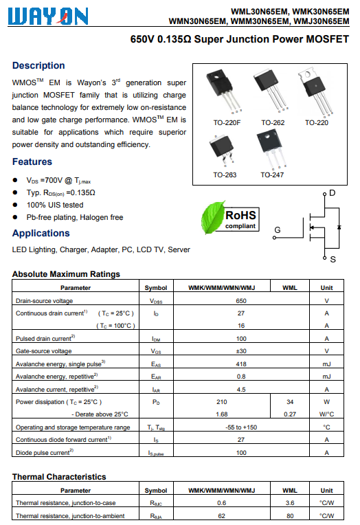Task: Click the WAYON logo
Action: click(x=48, y=16)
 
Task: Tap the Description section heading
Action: click(x=38, y=66)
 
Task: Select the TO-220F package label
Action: click(x=227, y=123)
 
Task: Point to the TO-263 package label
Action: click(x=225, y=175)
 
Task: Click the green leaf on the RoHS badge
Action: click(x=213, y=217)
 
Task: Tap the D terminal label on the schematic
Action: click(x=333, y=193)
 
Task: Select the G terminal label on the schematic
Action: click(x=278, y=230)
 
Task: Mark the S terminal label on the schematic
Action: click(x=333, y=260)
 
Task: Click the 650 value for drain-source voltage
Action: click(x=241, y=301)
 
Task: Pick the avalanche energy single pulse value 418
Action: click(x=241, y=364)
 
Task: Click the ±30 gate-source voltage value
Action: click(x=241, y=351)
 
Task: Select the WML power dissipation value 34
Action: click(x=290, y=402)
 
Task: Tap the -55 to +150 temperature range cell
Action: click(x=241, y=427)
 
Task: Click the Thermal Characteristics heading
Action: click(x=59, y=477)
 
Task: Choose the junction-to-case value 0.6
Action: click(x=222, y=503)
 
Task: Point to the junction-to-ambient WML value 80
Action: click(x=290, y=516)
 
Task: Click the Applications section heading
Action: click(x=41, y=234)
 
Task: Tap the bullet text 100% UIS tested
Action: click(x=55, y=205)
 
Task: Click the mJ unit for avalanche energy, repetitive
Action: click(x=326, y=377)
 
